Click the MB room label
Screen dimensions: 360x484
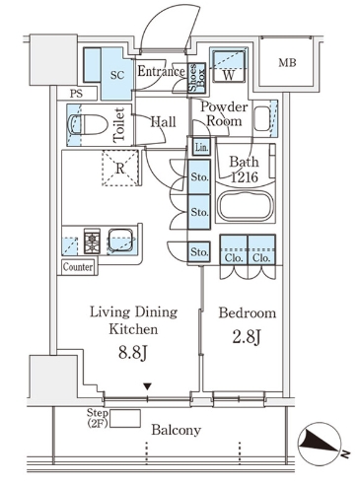(x=287, y=62)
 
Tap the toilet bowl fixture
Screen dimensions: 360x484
(x=88, y=124)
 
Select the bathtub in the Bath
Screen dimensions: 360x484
(x=245, y=205)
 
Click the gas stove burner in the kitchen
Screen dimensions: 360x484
(x=92, y=241)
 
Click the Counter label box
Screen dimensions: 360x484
(x=78, y=267)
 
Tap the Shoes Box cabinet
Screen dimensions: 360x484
(x=196, y=78)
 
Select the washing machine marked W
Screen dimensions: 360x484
(x=229, y=66)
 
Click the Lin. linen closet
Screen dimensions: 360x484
(x=201, y=148)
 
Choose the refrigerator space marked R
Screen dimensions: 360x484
(x=120, y=169)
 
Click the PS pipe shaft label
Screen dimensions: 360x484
(x=76, y=94)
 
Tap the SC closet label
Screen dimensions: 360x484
(x=117, y=75)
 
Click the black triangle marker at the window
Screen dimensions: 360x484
(x=148, y=386)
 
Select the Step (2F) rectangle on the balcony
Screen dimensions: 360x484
(x=125, y=418)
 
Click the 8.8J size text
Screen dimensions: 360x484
(x=133, y=353)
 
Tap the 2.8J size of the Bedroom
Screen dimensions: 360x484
(x=247, y=337)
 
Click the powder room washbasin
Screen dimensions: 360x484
(x=262, y=118)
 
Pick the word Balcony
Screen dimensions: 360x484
(x=177, y=430)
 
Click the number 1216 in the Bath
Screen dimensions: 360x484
(x=245, y=177)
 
